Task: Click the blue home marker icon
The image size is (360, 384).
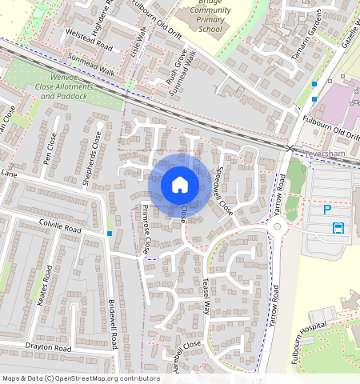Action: [180, 186]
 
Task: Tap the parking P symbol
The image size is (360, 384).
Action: [326, 210]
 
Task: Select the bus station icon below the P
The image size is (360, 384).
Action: [338, 228]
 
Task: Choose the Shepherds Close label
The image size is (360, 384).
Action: [92, 158]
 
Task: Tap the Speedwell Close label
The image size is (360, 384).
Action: [224, 190]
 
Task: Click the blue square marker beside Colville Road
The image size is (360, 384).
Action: [110, 234]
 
